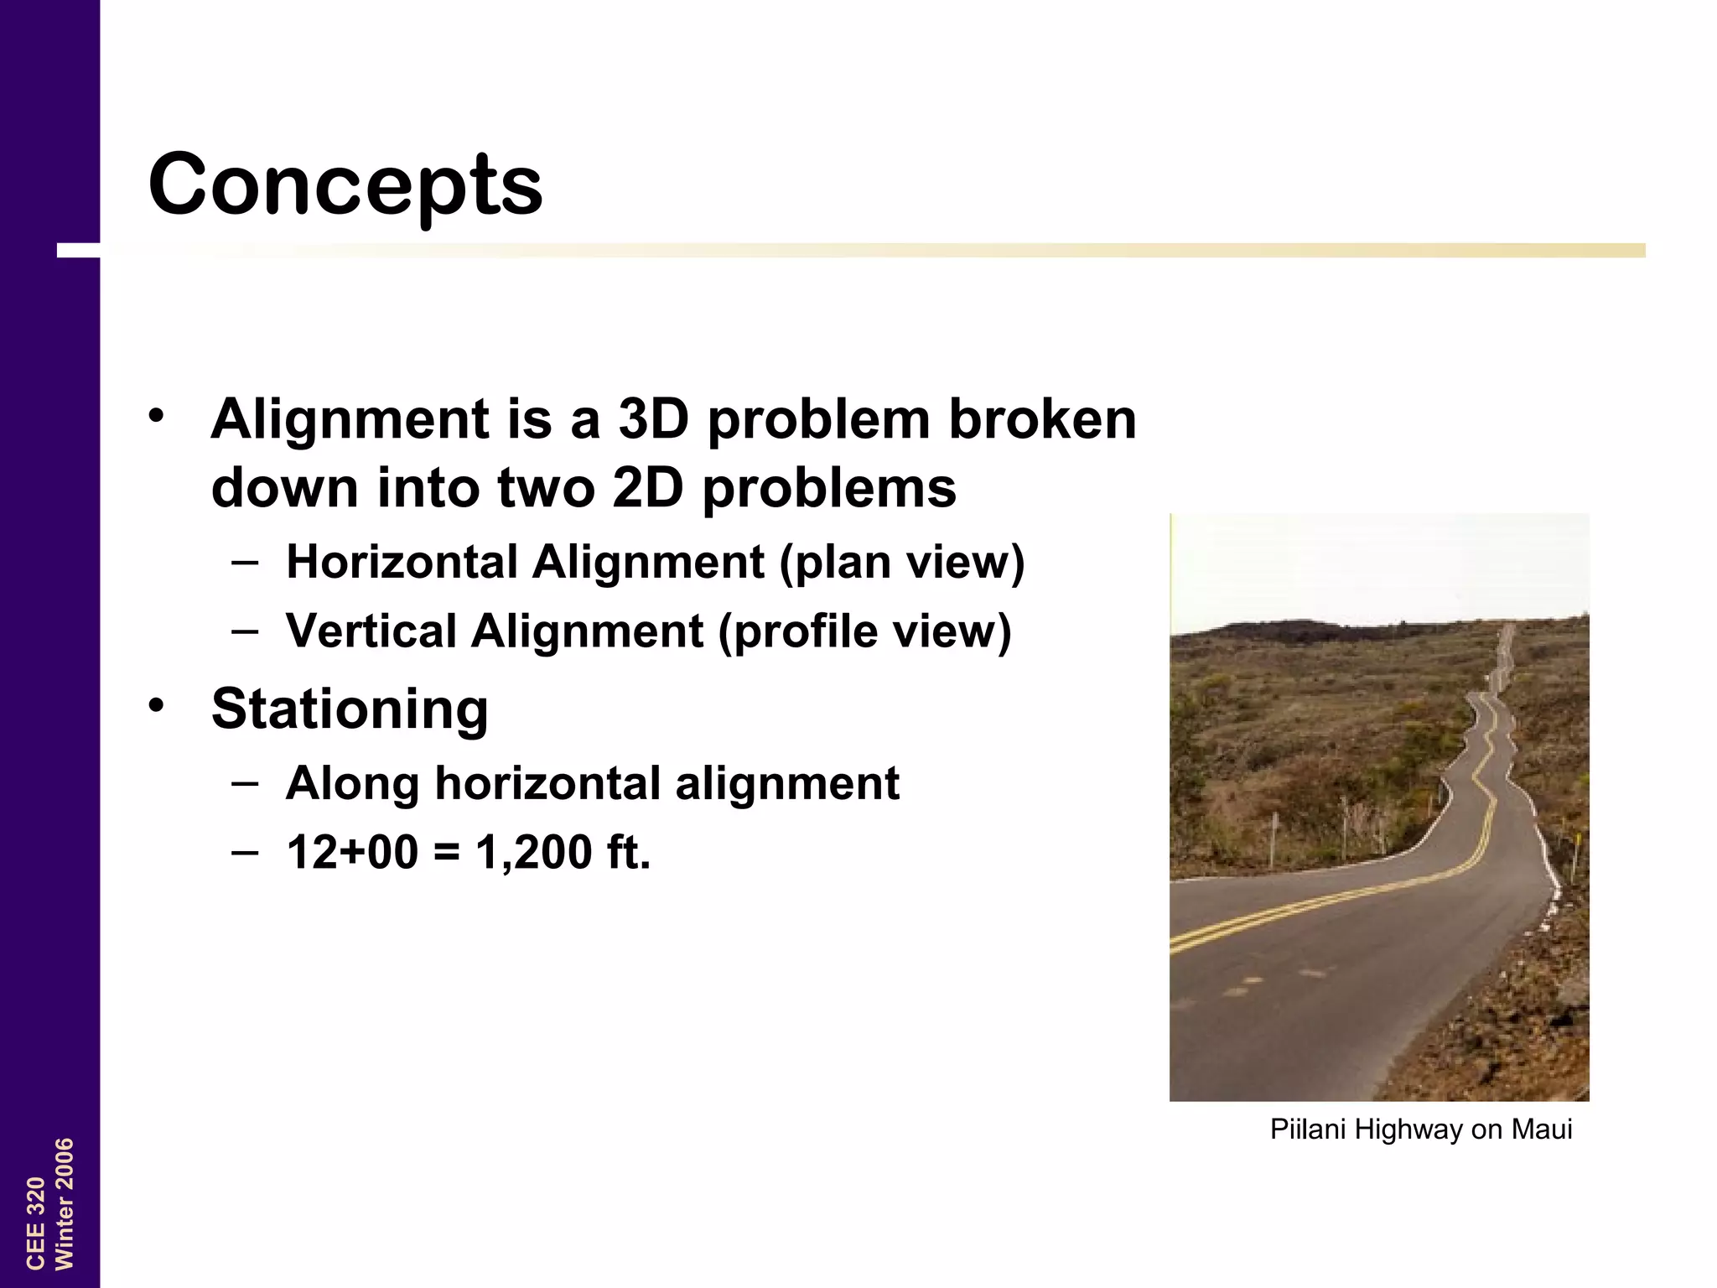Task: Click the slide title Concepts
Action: click(x=345, y=184)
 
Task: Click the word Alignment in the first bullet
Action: click(x=350, y=419)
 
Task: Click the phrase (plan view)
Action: click(x=902, y=563)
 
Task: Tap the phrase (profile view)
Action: click(x=864, y=631)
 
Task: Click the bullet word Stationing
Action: click(x=350, y=709)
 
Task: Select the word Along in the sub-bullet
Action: click(x=352, y=783)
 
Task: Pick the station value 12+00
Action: click(x=352, y=852)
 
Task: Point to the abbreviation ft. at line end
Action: click(x=628, y=852)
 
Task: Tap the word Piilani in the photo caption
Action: click(x=1308, y=1130)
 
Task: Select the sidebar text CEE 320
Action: click(x=35, y=1223)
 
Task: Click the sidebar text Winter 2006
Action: click(x=65, y=1204)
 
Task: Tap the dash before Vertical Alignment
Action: click(x=244, y=631)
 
